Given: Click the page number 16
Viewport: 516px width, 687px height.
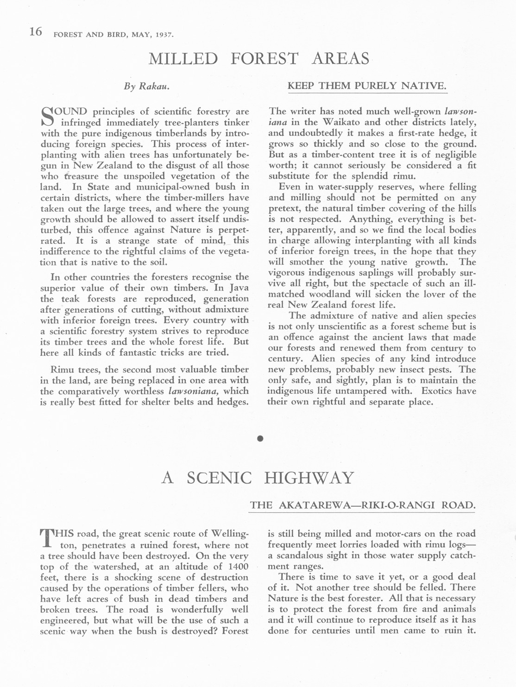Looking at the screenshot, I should click(36, 32).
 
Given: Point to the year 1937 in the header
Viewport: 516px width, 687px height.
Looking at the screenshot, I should click(164, 35).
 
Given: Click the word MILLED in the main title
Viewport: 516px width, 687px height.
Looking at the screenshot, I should click(183, 59).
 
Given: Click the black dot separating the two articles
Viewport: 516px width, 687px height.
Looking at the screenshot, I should click(260, 438).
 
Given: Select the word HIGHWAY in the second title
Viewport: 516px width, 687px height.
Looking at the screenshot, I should click(309, 478).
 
